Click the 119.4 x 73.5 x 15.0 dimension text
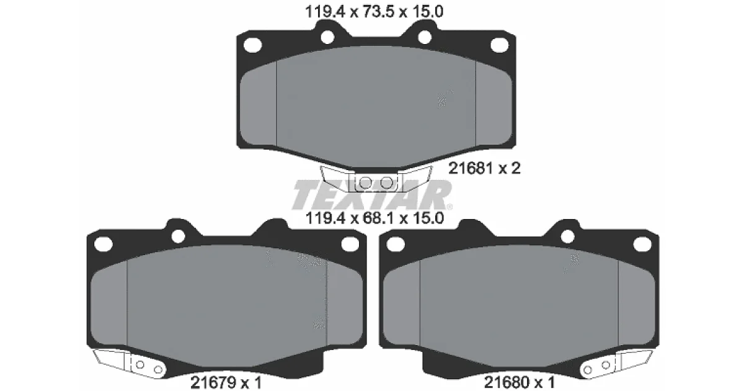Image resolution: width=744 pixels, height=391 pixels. click(374, 12)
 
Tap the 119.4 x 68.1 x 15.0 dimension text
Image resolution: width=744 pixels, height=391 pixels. click(374, 218)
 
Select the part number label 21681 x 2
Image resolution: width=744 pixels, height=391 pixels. click(484, 168)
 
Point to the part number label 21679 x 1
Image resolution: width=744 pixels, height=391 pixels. click(226, 382)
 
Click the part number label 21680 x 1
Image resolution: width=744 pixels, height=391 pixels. click(520, 382)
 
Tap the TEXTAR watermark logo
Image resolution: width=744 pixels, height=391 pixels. click(372, 195)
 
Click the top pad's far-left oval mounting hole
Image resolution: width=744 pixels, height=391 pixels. click(253, 45)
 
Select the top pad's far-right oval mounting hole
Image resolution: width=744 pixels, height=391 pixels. click(500, 45)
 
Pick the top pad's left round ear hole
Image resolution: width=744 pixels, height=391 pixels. click(327, 37)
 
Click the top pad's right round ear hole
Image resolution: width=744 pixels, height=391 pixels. click(425, 37)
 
